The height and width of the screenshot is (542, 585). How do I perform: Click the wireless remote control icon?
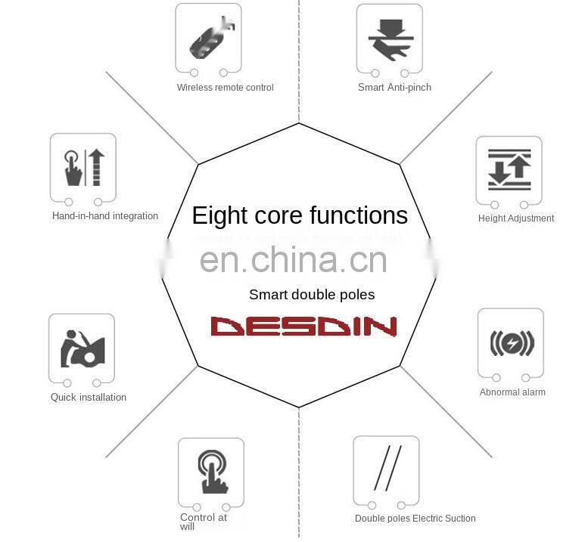coord(210,38)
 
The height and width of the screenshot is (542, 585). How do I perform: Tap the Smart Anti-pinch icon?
coord(390,38)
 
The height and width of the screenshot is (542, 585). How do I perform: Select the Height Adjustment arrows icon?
coord(509,169)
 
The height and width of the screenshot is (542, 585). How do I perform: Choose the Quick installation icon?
coord(82,348)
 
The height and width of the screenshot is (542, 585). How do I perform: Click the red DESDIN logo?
coord(303,326)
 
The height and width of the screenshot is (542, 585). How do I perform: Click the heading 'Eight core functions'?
coord(300,215)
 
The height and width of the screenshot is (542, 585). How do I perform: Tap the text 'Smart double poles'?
coord(312,295)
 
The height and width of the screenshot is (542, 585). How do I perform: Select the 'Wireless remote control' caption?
coord(226,88)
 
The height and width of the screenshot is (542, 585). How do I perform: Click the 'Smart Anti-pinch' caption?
coord(394,88)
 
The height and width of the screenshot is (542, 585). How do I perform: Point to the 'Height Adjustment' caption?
coord(516,218)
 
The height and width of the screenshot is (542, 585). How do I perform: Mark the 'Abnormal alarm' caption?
coord(512,392)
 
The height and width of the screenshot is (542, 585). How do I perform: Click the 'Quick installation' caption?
coord(89,398)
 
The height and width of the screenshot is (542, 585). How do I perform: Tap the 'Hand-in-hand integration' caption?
coord(105,216)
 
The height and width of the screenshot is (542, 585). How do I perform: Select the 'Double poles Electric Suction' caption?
coord(415,519)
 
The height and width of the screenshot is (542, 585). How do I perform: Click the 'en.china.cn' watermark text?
coord(294,261)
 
